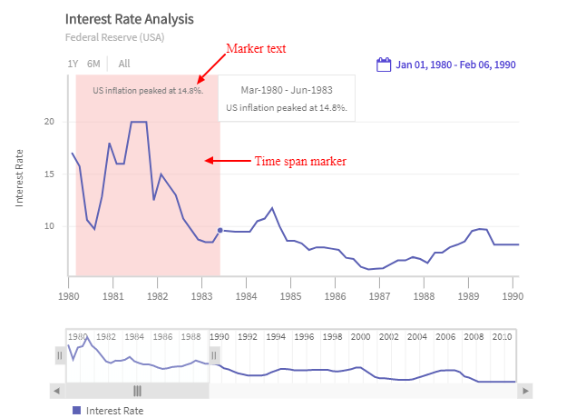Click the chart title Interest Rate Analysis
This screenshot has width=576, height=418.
point(129,19)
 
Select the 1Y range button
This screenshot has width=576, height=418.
point(73,64)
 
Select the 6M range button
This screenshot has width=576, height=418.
point(93,64)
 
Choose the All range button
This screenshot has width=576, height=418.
point(124,64)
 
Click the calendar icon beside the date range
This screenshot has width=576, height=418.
point(384,65)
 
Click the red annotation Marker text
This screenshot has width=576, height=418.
point(256,48)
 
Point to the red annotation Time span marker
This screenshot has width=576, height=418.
point(300,161)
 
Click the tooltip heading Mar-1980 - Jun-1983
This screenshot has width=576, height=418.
point(286,90)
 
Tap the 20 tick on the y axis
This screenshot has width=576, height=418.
point(50,122)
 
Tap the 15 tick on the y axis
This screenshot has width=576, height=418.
point(50,174)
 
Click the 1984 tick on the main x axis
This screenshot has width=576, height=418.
point(247,296)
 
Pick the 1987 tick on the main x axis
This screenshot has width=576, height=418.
point(380,296)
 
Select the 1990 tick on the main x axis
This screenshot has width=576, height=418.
point(513,296)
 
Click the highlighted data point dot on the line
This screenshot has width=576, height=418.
point(220,231)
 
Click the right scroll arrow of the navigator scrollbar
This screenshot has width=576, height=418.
point(525,391)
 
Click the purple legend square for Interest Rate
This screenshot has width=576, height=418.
point(77,411)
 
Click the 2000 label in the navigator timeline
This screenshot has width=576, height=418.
point(361,336)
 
